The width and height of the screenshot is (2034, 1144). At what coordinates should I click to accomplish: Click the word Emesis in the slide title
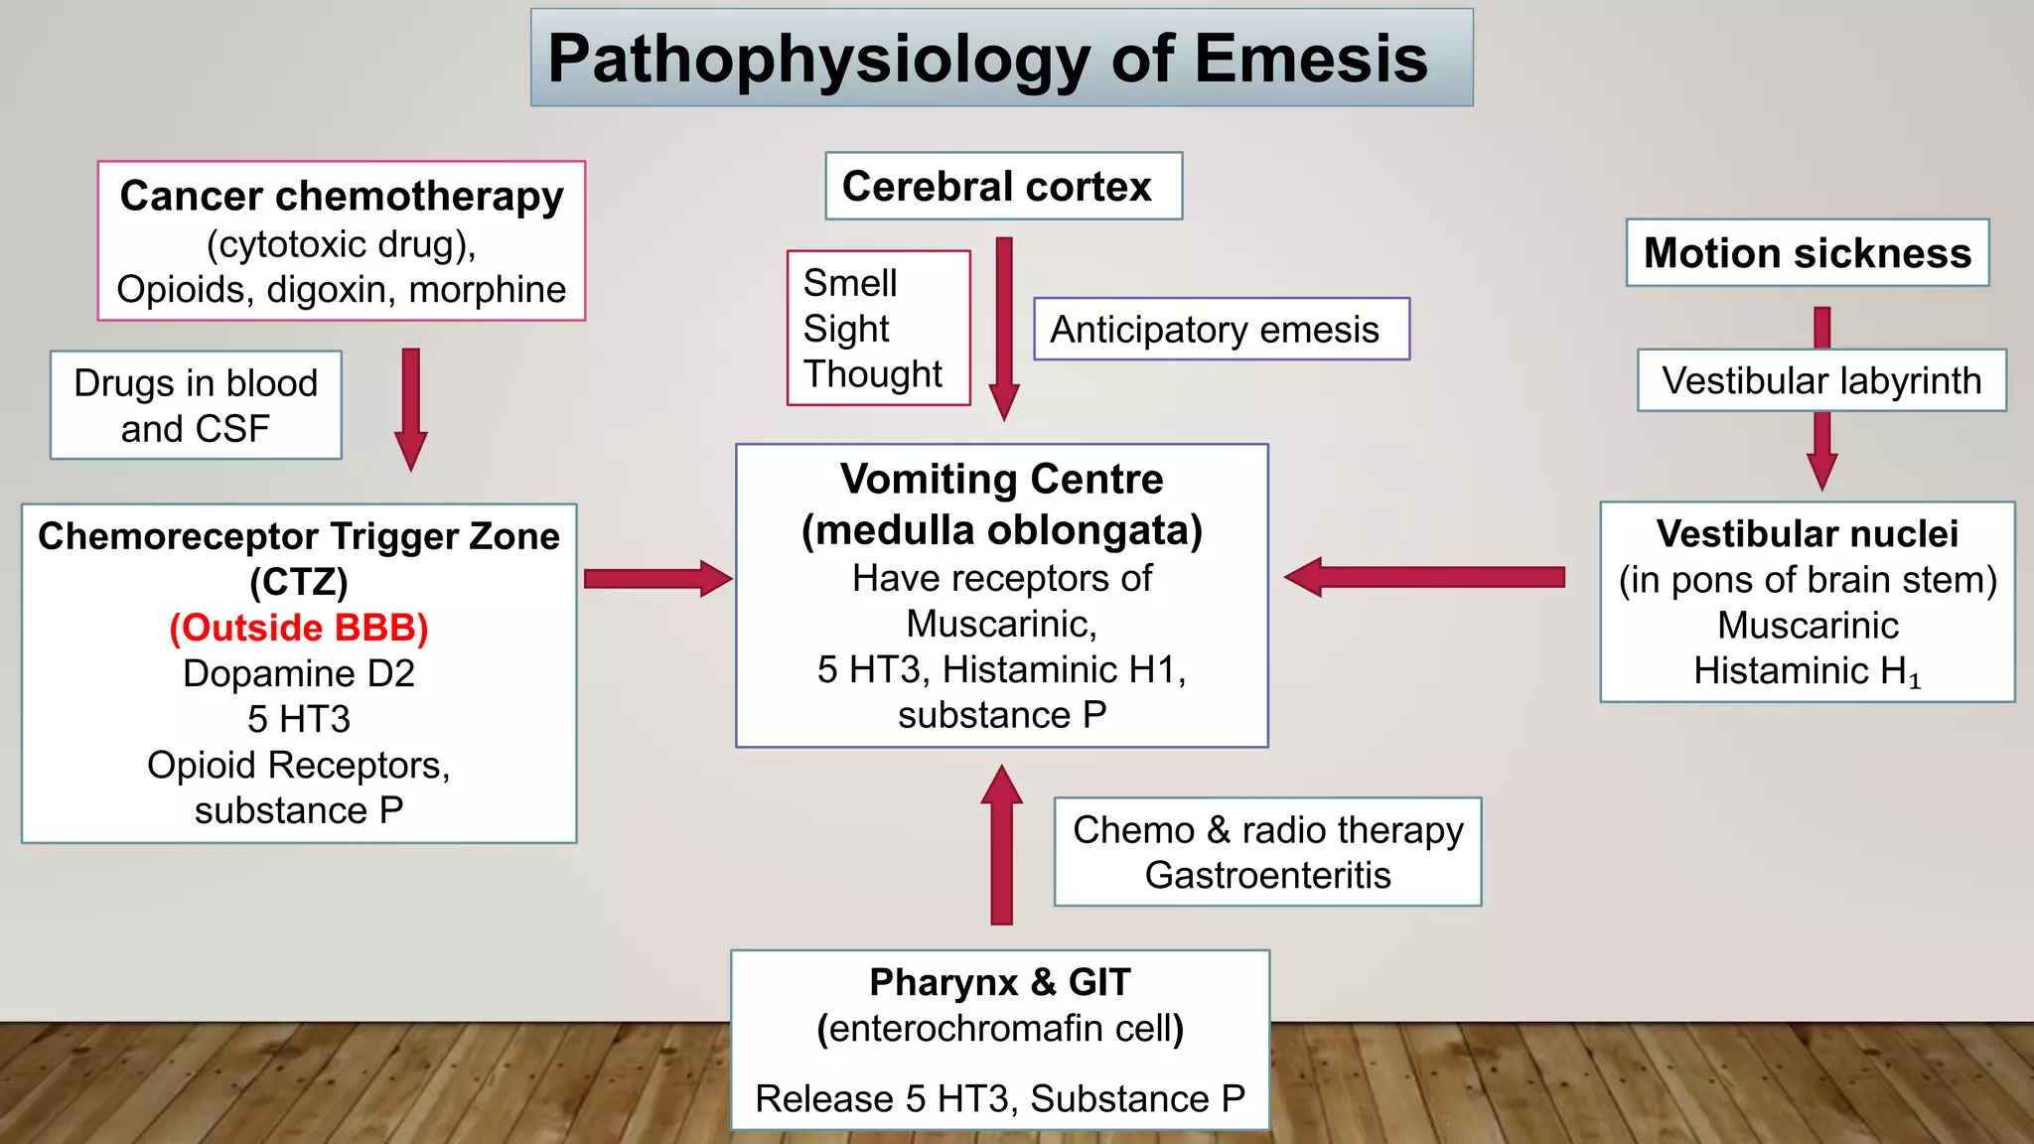[x=1310, y=59]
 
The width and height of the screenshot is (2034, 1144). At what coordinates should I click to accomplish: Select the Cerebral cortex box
[x=1003, y=187]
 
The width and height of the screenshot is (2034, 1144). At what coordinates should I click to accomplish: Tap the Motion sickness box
[x=1807, y=253]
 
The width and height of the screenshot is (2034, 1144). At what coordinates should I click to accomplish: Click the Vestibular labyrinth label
[x=1820, y=380]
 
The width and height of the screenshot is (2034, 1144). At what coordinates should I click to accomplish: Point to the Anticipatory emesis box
[x=1220, y=329]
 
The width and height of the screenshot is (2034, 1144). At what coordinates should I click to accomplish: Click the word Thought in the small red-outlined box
[x=872, y=374]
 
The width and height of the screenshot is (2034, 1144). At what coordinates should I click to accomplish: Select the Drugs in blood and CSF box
[x=196, y=405]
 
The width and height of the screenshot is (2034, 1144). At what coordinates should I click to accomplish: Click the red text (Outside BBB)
[x=298, y=628]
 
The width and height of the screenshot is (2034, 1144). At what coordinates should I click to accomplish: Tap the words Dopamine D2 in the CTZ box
[x=298, y=673]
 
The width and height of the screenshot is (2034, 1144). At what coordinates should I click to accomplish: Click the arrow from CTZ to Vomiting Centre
[x=656, y=579]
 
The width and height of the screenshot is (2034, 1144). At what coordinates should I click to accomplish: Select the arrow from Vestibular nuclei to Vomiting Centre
[x=1424, y=577]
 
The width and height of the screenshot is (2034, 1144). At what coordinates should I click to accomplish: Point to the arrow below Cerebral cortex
[x=1004, y=328]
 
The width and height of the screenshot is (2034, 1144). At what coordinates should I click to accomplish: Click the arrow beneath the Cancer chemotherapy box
[x=410, y=407]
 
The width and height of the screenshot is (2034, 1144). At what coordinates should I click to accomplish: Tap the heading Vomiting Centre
[x=1001, y=480]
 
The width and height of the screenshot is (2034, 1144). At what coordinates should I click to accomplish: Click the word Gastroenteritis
[x=1267, y=875]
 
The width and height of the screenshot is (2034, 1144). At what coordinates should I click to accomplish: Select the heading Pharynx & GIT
[x=999, y=982]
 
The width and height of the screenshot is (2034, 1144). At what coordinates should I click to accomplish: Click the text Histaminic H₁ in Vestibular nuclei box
[x=1806, y=671]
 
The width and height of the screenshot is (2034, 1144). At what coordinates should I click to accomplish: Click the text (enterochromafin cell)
[x=999, y=1028]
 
